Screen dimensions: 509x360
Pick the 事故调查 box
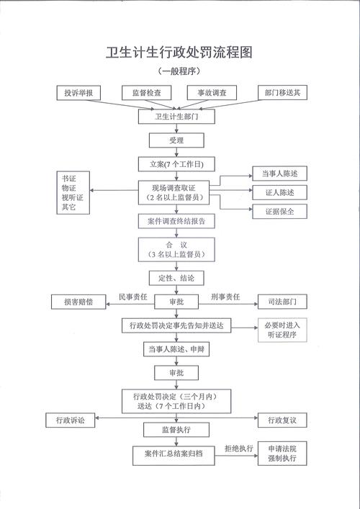207,93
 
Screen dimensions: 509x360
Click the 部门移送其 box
283,93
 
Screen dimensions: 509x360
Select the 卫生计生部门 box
176,116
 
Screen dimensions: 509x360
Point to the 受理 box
176,140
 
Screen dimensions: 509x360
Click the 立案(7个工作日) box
176,164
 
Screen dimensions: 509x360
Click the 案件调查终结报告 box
176,221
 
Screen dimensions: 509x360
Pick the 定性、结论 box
176,277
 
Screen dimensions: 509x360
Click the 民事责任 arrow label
132,296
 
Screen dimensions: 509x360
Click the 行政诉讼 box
70,419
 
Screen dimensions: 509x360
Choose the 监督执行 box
176,430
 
